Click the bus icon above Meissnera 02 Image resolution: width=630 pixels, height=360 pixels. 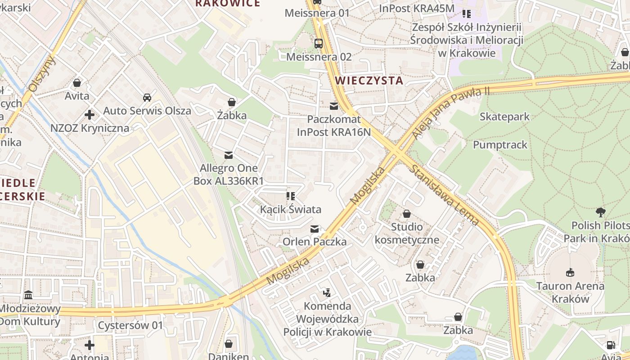coord(318,43)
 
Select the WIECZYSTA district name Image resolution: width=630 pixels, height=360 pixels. coord(369,81)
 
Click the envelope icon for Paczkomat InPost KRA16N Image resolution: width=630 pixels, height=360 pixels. coord(333,106)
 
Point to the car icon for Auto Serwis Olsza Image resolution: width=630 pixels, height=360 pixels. coord(147,97)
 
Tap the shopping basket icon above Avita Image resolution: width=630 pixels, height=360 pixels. coord(77,83)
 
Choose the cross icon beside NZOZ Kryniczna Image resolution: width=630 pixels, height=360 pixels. coord(90,115)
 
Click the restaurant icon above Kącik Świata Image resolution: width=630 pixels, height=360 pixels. coord(290,196)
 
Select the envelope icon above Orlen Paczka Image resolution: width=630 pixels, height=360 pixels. coord(315,229)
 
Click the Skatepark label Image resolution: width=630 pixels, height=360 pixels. coord(504,117)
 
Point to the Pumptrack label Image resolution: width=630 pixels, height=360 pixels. coord(500,145)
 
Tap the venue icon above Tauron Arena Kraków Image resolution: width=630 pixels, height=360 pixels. coord(570,272)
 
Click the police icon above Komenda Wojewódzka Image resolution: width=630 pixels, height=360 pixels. coord(327,293)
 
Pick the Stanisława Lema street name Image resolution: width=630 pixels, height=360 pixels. coord(444,195)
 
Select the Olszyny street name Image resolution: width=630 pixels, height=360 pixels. coord(41,74)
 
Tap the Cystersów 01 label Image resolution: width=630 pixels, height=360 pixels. coord(130,325)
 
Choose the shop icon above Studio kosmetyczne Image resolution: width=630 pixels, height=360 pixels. coord(406,213)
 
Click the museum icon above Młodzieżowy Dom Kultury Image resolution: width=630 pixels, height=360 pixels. coord(29,295)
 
